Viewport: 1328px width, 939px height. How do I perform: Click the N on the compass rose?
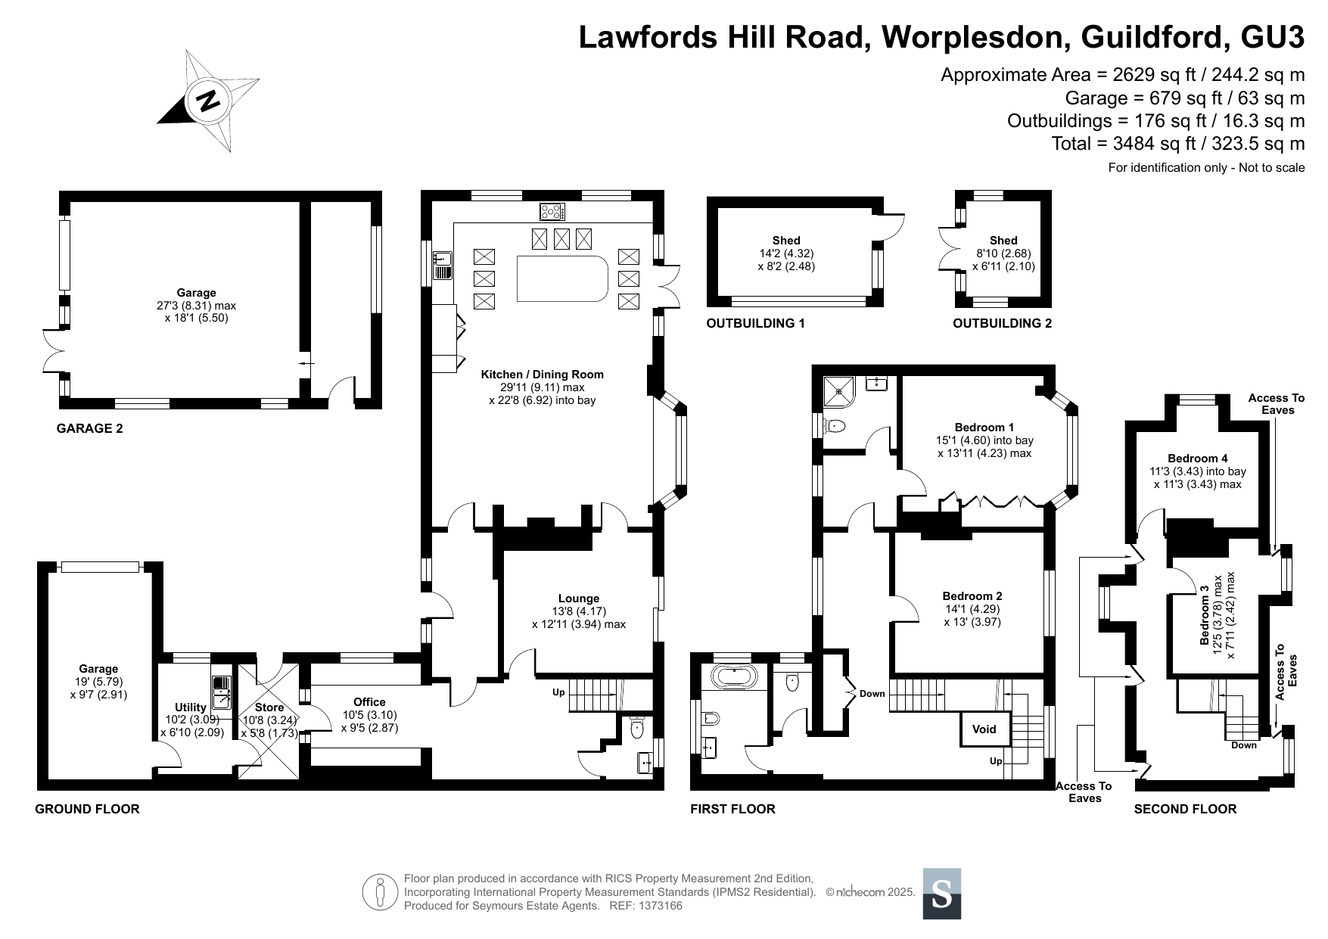(x=207, y=99)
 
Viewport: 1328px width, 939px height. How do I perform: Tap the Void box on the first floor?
(x=984, y=729)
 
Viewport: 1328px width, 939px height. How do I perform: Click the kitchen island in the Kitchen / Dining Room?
(x=562, y=278)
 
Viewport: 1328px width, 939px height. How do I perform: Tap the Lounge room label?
(x=579, y=599)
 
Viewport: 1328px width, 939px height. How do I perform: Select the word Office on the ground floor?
(x=369, y=702)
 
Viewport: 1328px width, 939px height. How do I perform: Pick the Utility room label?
(x=191, y=707)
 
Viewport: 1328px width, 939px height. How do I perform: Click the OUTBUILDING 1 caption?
(x=755, y=324)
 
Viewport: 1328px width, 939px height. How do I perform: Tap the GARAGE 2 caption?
(x=89, y=428)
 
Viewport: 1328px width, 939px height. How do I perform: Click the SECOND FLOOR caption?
(x=1185, y=809)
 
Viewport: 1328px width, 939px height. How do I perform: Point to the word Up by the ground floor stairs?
(x=558, y=692)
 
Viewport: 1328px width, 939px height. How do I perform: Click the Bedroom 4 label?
(x=1198, y=458)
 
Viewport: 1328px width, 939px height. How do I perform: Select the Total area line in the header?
(x=1178, y=144)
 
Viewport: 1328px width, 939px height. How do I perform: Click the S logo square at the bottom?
(x=942, y=894)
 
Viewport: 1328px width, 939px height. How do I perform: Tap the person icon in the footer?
(x=381, y=893)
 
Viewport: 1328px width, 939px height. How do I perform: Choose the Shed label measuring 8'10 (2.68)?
(x=1003, y=253)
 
